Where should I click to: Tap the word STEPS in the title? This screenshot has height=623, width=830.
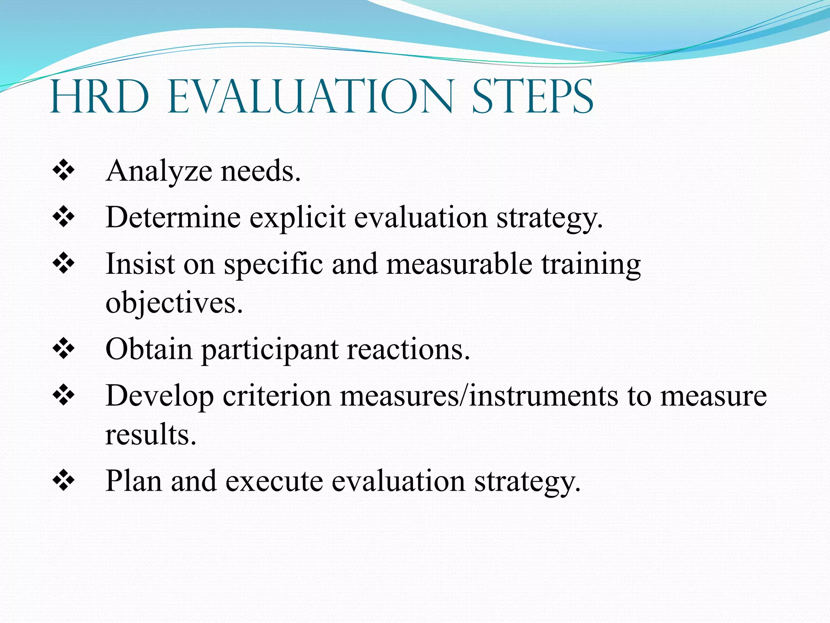click(x=533, y=97)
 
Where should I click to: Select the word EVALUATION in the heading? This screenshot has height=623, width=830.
click(x=310, y=97)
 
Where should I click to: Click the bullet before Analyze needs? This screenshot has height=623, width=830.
click(x=64, y=170)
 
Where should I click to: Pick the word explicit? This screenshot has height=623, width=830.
click(x=297, y=218)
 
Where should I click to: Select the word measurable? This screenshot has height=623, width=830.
click(x=459, y=264)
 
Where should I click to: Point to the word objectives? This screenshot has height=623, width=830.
click(x=174, y=303)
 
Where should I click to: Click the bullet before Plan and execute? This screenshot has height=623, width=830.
click(x=64, y=481)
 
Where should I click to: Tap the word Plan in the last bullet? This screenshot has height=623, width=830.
click(x=133, y=481)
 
